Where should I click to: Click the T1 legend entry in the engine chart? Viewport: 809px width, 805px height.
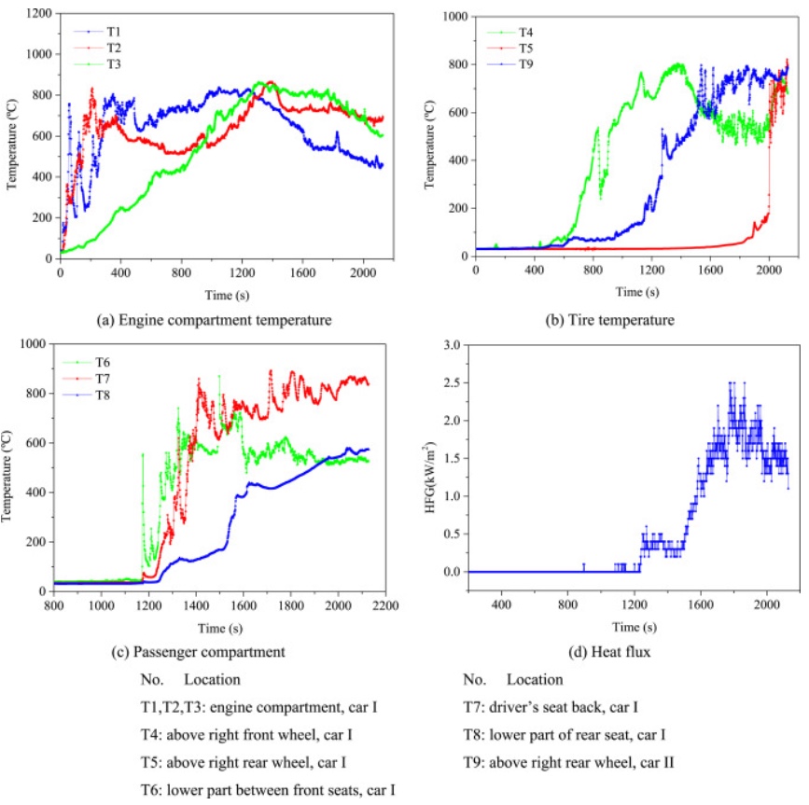click(102, 31)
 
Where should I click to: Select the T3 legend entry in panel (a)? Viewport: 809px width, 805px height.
click(102, 64)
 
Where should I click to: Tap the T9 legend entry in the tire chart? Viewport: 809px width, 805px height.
click(514, 64)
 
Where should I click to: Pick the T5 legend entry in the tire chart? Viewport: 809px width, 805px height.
click(514, 48)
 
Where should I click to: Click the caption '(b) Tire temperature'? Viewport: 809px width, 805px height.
click(611, 320)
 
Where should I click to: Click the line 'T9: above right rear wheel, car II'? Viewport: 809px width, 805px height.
click(569, 762)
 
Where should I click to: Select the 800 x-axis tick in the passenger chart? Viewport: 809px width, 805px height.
click(54, 604)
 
